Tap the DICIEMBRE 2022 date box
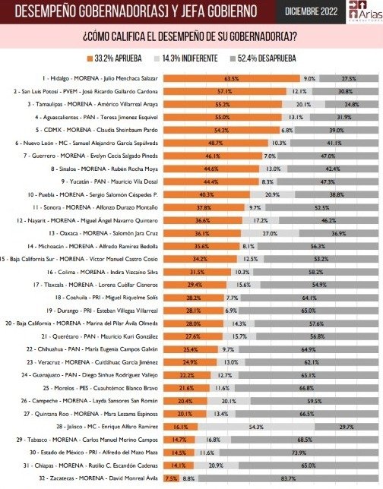(x=312, y=11)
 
